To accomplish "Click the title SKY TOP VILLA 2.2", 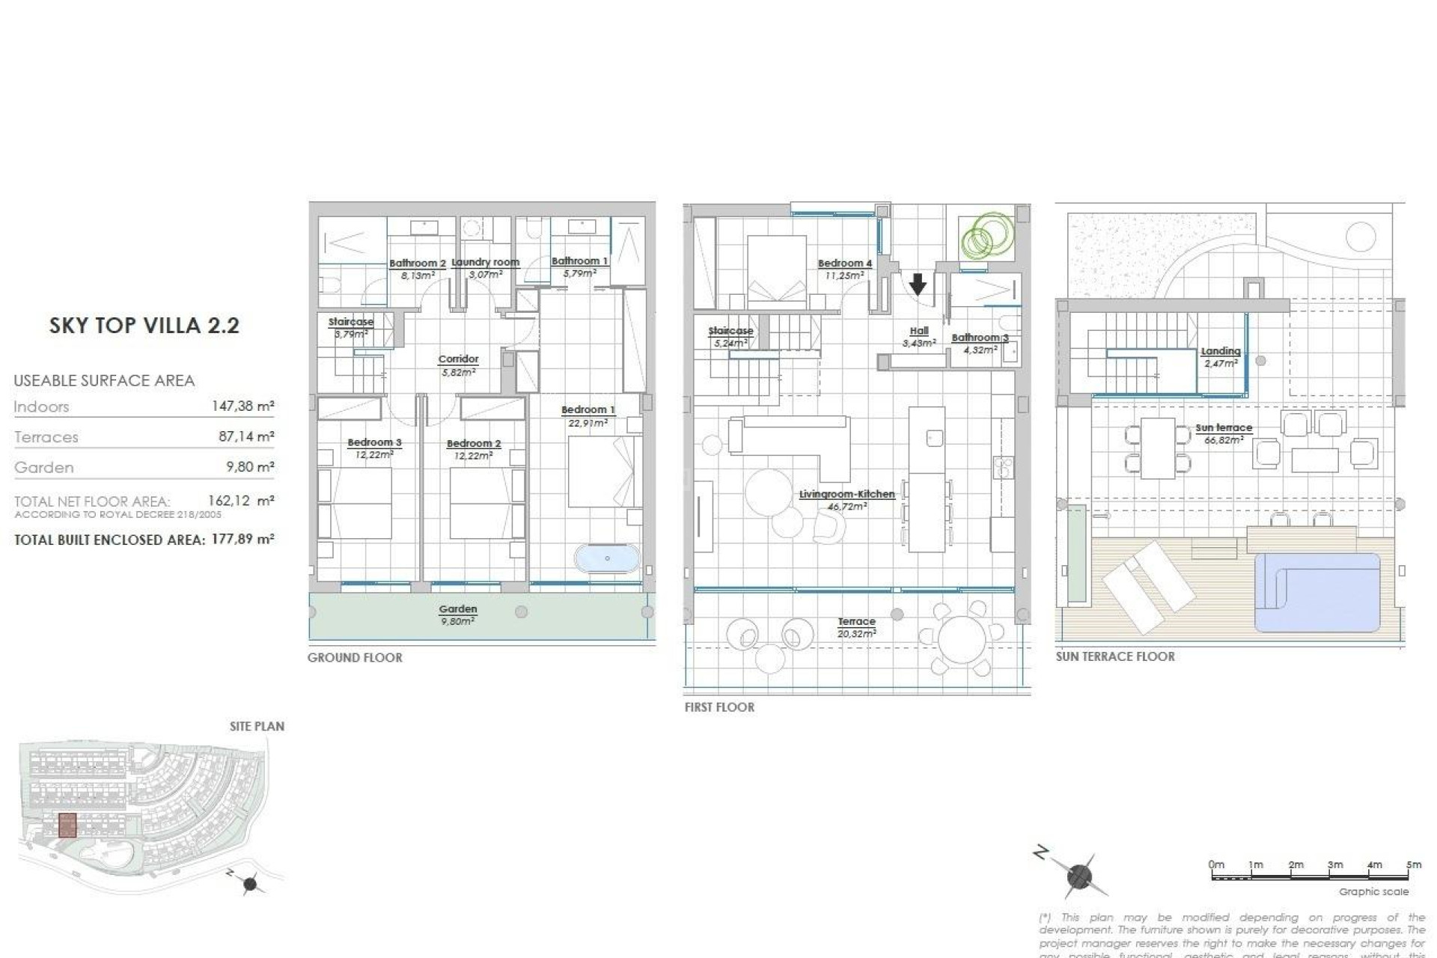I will point(144,326).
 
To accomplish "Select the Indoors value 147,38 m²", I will point(242,406).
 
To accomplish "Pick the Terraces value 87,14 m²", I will point(246,436).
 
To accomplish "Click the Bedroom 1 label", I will point(588,410).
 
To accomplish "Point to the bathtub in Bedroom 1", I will point(607,558).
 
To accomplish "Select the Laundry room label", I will point(485,263).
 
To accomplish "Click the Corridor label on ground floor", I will point(458,359).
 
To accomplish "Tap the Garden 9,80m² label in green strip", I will point(457,614).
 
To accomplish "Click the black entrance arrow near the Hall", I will point(918,284).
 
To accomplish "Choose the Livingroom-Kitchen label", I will point(846,495).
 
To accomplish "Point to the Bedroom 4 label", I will point(844,263).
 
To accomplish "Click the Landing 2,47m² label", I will point(1220,356).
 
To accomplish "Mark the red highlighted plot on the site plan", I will point(67,825).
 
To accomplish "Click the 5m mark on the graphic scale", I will point(1413,865).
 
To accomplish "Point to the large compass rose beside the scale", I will point(1078,875).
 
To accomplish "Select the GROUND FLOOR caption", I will point(355,658).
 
